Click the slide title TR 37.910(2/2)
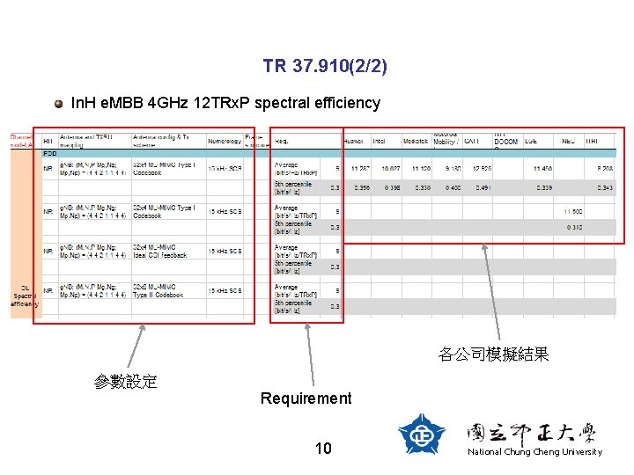click(x=324, y=67)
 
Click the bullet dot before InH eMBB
click(x=58, y=104)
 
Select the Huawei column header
click(x=354, y=140)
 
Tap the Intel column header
click(x=380, y=140)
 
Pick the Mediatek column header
click(x=415, y=140)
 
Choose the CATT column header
click(x=472, y=140)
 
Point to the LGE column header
click(x=531, y=140)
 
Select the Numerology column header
click(x=225, y=140)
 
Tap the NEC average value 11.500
click(x=572, y=210)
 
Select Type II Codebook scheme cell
click(x=159, y=291)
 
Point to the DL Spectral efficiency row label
click(x=21, y=296)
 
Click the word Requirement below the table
click(x=306, y=398)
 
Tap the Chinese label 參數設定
click(x=126, y=381)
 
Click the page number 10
click(x=323, y=449)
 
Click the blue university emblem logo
click(x=422, y=434)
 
